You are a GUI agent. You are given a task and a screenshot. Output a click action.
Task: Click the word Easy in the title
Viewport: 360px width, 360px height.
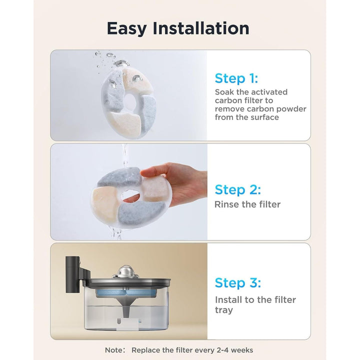pos(126,29)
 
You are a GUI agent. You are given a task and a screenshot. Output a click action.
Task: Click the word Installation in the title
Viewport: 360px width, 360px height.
pos(201,28)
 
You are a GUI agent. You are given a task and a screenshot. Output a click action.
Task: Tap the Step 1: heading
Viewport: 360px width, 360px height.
pos(236,78)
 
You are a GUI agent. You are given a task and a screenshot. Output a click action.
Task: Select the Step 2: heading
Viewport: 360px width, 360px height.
pos(237,190)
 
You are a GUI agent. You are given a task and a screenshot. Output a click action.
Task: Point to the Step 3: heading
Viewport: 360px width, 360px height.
pos(237,282)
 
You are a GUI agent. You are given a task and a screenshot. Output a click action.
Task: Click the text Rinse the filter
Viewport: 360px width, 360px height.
pos(247,204)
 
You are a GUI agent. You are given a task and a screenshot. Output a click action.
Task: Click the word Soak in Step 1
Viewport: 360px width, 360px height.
pos(224,92)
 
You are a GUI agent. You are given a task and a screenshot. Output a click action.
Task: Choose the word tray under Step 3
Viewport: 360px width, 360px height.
pos(224,310)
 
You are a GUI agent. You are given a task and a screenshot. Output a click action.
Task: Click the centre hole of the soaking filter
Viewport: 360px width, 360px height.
pos(130,101)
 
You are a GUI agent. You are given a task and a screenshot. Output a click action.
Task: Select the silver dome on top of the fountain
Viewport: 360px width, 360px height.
pos(125,271)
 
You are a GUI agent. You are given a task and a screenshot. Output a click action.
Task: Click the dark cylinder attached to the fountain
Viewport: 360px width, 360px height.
pos(72,274)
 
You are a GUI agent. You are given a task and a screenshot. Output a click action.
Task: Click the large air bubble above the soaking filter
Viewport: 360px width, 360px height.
pos(121,63)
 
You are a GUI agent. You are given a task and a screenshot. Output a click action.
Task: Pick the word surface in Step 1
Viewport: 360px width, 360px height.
pos(264,117)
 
